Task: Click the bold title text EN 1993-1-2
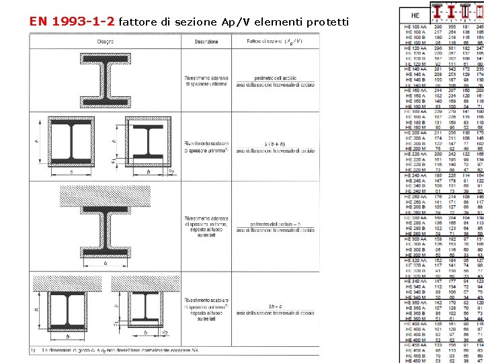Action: (x=73, y=21)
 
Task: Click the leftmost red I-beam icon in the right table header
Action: (x=438, y=13)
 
